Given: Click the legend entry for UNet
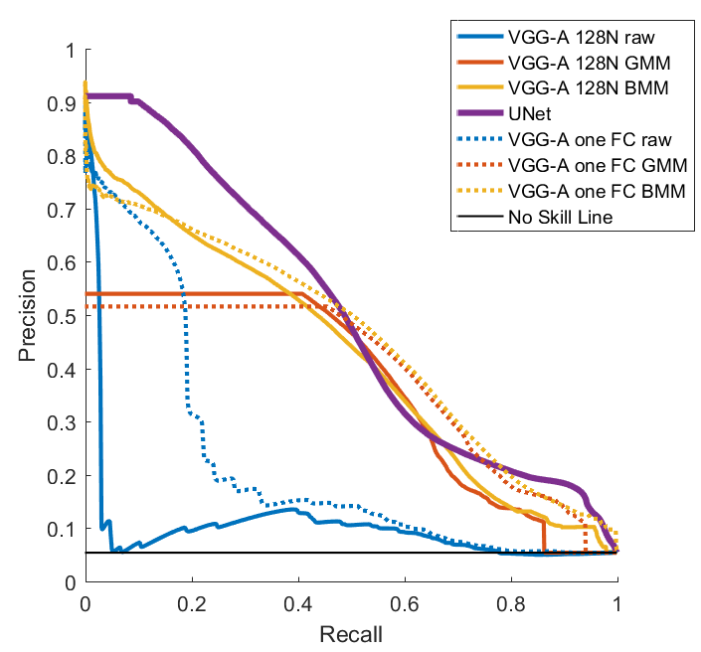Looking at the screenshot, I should coord(530,113).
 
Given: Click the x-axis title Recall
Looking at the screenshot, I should coord(351,632).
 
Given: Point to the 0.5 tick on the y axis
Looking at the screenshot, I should coord(62,316).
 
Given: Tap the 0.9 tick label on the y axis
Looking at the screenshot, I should coord(62,103).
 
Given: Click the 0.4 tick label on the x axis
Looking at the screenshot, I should coord(298,603).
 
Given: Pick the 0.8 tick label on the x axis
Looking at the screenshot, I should coord(511,603).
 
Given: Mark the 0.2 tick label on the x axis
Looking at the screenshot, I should coord(192,603).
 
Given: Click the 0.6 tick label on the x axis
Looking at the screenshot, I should coord(405,603).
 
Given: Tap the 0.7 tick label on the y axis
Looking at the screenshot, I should coord(62,210).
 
